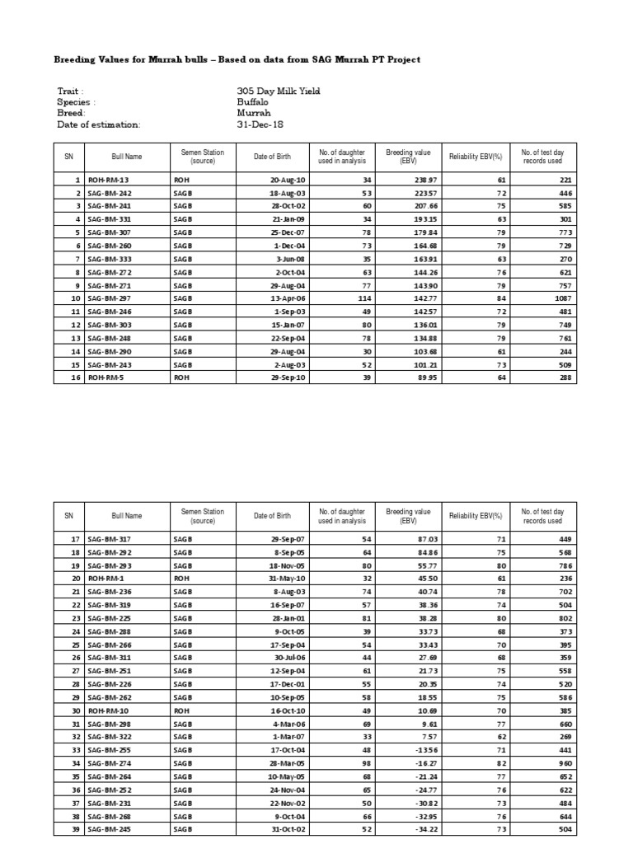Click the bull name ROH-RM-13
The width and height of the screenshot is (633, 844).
[x=108, y=180]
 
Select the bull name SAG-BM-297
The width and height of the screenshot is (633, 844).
[x=110, y=298]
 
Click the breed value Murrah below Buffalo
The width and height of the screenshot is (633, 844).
[x=252, y=113]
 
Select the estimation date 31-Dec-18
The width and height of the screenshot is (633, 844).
[x=260, y=124]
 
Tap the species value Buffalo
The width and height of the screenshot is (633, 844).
[x=253, y=102]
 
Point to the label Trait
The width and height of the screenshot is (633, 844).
[x=70, y=91]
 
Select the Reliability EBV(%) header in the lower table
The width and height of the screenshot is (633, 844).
[x=476, y=516]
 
